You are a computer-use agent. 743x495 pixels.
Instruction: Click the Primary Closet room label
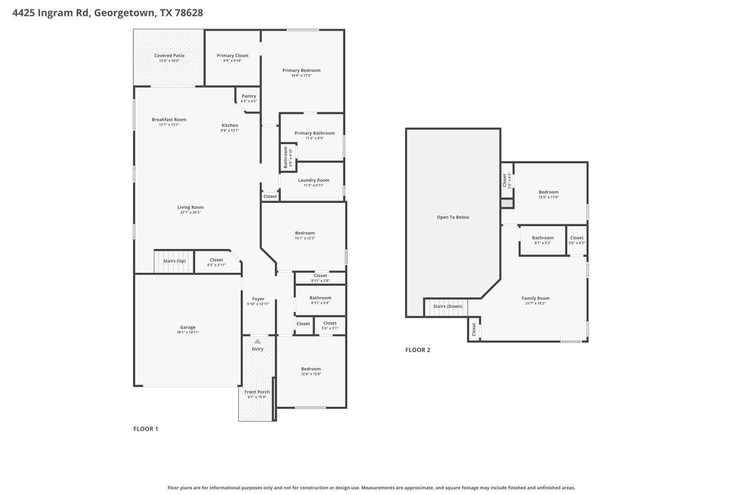click(232, 55)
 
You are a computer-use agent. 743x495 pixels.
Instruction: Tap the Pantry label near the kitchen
click(249, 96)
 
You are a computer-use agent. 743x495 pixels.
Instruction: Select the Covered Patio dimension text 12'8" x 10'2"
click(169, 61)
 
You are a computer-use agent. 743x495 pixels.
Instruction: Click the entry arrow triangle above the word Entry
click(258, 342)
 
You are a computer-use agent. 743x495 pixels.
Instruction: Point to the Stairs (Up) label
click(174, 261)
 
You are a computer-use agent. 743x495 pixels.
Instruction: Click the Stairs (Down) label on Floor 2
click(447, 306)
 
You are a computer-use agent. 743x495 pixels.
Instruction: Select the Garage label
click(188, 327)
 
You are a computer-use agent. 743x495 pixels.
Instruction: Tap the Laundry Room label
click(313, 180)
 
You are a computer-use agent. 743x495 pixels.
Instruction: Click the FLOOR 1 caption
click(146, 429)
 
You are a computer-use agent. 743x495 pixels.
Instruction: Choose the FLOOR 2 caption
click(418, 350)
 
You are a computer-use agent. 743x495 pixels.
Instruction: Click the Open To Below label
click(453, 217)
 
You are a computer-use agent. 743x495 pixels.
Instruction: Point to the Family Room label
click(535, 298)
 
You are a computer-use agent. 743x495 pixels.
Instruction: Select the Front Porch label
click(257, 392)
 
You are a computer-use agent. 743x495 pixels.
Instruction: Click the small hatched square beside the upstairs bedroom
click(506, 203)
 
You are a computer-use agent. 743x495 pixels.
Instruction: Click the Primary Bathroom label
click(315, 133)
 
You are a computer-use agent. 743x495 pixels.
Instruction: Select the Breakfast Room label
click(169, 119)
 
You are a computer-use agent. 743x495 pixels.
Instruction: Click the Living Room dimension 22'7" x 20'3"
click(190, 213)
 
